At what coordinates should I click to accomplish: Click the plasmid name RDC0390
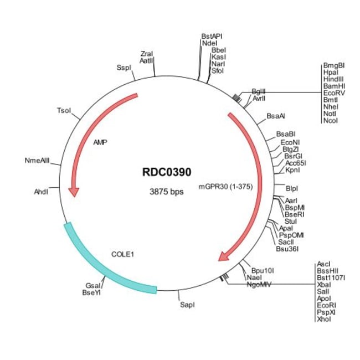(166, 173)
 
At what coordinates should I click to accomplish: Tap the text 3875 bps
(166, 192)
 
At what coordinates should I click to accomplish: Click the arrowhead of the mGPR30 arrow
(224, 255)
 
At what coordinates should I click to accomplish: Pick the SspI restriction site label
(124, 67)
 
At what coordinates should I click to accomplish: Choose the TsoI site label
(64, 111)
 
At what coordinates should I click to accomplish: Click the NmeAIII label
(37, 161)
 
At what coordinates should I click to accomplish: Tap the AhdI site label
(41, 192)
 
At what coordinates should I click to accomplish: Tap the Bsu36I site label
(287, 249)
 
